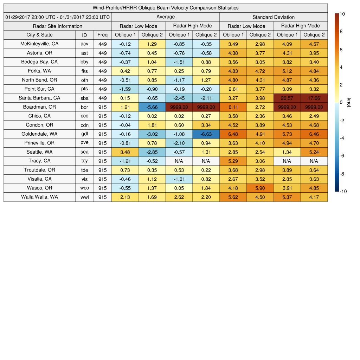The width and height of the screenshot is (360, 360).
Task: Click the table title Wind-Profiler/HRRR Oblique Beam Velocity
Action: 166,8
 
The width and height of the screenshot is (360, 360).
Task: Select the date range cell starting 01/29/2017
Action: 58,17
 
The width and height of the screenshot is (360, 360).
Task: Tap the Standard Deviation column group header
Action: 274,17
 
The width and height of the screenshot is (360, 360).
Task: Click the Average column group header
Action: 166,17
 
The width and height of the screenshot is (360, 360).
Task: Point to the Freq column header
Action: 103,35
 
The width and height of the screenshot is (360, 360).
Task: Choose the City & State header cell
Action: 40,35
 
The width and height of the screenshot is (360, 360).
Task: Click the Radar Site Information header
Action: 58,26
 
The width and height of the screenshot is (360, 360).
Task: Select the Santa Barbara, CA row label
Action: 40,98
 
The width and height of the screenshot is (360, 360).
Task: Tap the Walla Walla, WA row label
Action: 40,197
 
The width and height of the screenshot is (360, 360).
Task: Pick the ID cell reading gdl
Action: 84,134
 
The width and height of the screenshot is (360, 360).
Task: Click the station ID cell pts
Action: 84,89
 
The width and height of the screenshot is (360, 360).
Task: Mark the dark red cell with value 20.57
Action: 287,98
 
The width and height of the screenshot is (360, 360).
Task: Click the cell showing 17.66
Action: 314,98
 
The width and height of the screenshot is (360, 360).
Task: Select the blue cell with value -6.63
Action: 206,134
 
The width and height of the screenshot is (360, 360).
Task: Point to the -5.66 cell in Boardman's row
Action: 152,107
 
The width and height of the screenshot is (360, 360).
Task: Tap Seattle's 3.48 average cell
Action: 125,152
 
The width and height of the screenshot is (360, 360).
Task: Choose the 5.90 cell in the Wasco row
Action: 260,188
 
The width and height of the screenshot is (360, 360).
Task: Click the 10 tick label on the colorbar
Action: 342,14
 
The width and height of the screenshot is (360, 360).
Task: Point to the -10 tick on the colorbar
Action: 343,191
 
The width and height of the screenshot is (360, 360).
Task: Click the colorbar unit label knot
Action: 349,102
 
